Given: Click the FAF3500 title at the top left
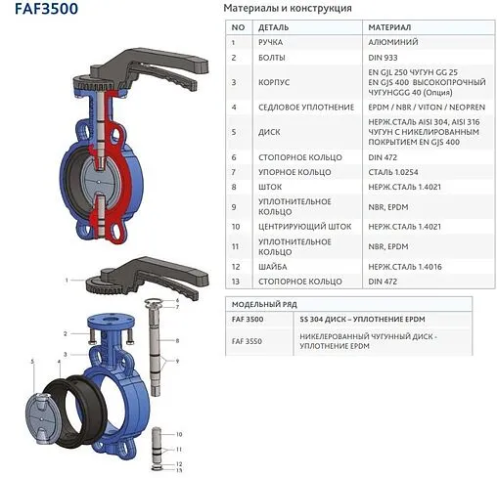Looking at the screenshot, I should tap(41, 11).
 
